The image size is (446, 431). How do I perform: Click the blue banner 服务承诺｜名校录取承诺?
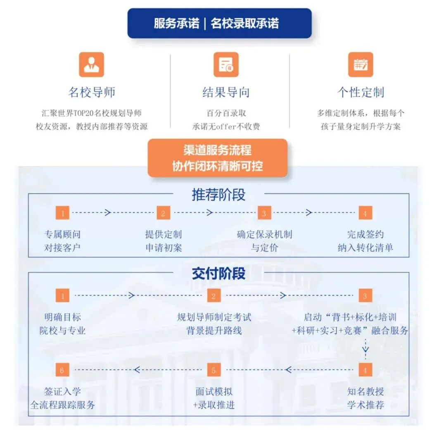tap(219, 24)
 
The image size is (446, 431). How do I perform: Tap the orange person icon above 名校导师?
tap(91, 64)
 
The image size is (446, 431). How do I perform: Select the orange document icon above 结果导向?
tap(226, 64)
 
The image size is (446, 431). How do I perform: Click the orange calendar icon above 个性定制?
tap(360, 64)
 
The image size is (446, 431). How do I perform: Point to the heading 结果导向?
tap(226, 92)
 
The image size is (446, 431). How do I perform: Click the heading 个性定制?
tap(361, 92)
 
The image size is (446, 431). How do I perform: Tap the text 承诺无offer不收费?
tap(226, 126)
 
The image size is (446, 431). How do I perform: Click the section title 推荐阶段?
tap(218, 195)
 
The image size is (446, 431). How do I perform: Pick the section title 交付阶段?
tap(218, 273)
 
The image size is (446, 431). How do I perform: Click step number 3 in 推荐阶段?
tap(264, 213)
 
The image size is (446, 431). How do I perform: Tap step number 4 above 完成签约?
tap(365, 213)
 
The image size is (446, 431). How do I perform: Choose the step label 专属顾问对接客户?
tap(62, 241)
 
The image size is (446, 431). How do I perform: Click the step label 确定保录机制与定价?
tap(264, 241)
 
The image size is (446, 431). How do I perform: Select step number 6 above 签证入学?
tap(62, 370)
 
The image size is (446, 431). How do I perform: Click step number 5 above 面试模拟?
tap(214, 370)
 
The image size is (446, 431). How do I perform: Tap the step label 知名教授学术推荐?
tap(365, 398)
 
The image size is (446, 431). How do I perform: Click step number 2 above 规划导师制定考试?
tap(214, 296)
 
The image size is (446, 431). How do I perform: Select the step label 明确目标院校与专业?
tap(62, 324)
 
